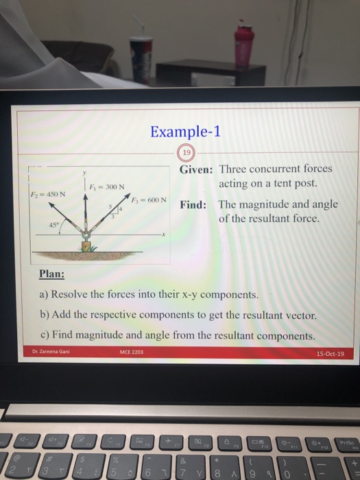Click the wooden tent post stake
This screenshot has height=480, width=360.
pyautogui.click(x=86, y=245)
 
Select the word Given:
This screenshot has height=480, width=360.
pyautogui.click(x=196, y=169)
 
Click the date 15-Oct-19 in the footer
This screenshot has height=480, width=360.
pyautogui.click(x=330, y=354)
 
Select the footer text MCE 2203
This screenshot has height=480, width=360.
pyautogui.click(x=131, y=353)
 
